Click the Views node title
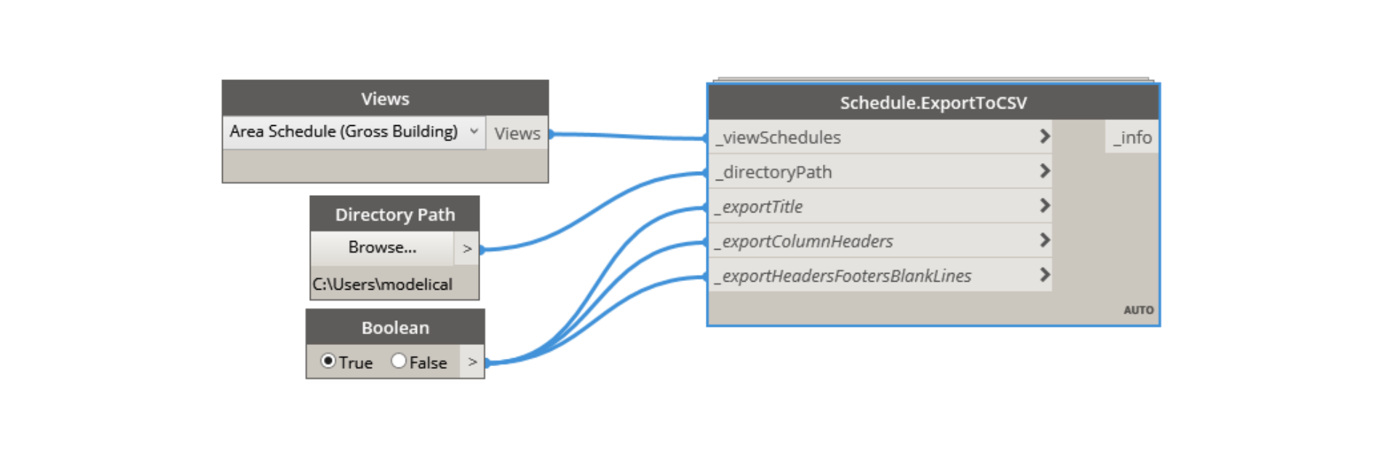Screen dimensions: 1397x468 click(385, 99)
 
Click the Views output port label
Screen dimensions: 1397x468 click(517, 134)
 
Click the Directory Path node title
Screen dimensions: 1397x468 click(395, 215)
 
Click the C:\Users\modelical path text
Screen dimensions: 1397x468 click(383, 285)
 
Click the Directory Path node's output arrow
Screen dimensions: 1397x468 click(467, 249)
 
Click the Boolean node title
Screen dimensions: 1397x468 click(395, 328)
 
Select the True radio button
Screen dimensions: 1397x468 click(328, 361)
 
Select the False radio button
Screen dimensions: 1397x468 click(399, 361)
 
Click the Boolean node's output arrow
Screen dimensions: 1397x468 click(472, 362)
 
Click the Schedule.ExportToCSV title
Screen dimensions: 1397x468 click(934, 103)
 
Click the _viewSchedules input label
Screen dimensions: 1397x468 click(778, 138)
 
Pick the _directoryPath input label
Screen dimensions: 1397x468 click(773, 172)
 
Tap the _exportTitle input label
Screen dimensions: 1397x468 click(758, 207)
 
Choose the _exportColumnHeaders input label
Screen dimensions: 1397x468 click(803, 242)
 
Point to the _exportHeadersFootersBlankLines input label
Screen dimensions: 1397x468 click(843, 277)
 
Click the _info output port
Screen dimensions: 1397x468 click(1132, 138)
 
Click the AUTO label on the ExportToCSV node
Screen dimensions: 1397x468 click(1139, 310)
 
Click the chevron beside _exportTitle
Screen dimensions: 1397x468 click(1045, 206)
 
